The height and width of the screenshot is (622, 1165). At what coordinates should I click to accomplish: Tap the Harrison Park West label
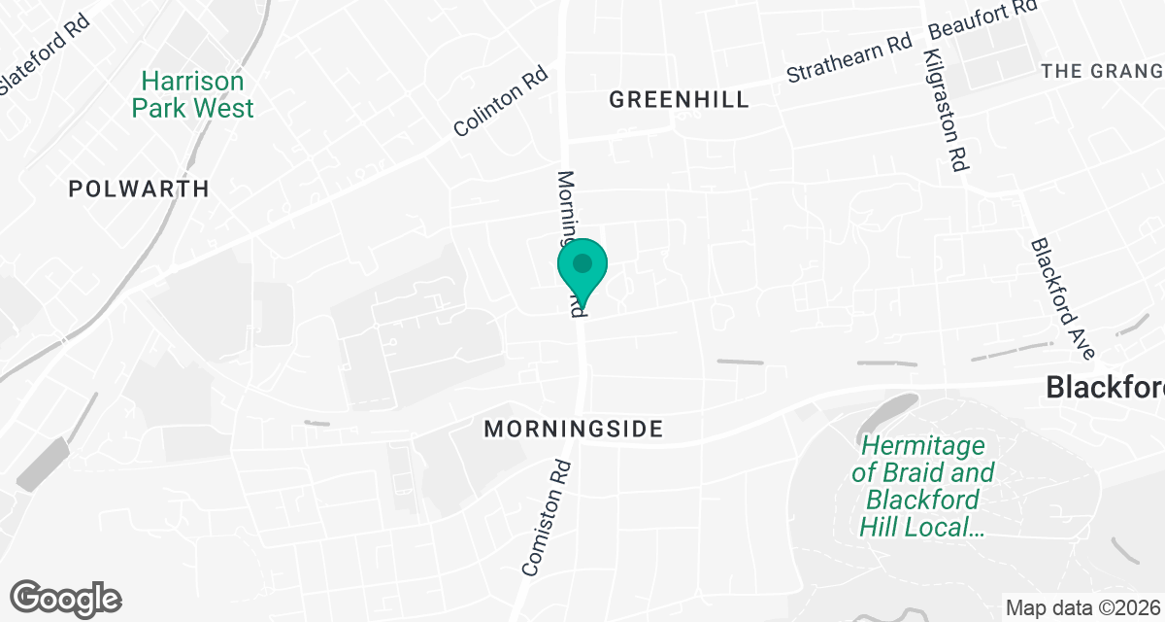pos(193,94)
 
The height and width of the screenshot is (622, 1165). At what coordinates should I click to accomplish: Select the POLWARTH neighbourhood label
pos(139,189)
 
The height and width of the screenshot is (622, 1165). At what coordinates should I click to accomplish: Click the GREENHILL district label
pos(679,99)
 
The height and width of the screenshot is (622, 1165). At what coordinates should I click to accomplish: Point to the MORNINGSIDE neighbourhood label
pos(573,429)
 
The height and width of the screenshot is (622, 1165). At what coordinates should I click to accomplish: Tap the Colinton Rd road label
pos(501,101)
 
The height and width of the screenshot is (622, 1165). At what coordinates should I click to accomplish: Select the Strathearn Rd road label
pos(849,59)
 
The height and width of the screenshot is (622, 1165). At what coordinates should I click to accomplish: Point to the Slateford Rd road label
pos(47,52)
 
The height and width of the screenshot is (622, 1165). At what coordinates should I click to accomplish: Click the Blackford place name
pos(1105,388)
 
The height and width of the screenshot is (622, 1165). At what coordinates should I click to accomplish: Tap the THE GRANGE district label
pos(1101,71)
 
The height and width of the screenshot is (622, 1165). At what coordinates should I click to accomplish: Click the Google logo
pos(65,598)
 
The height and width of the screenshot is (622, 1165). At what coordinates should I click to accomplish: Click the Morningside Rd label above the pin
pos(571,214)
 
